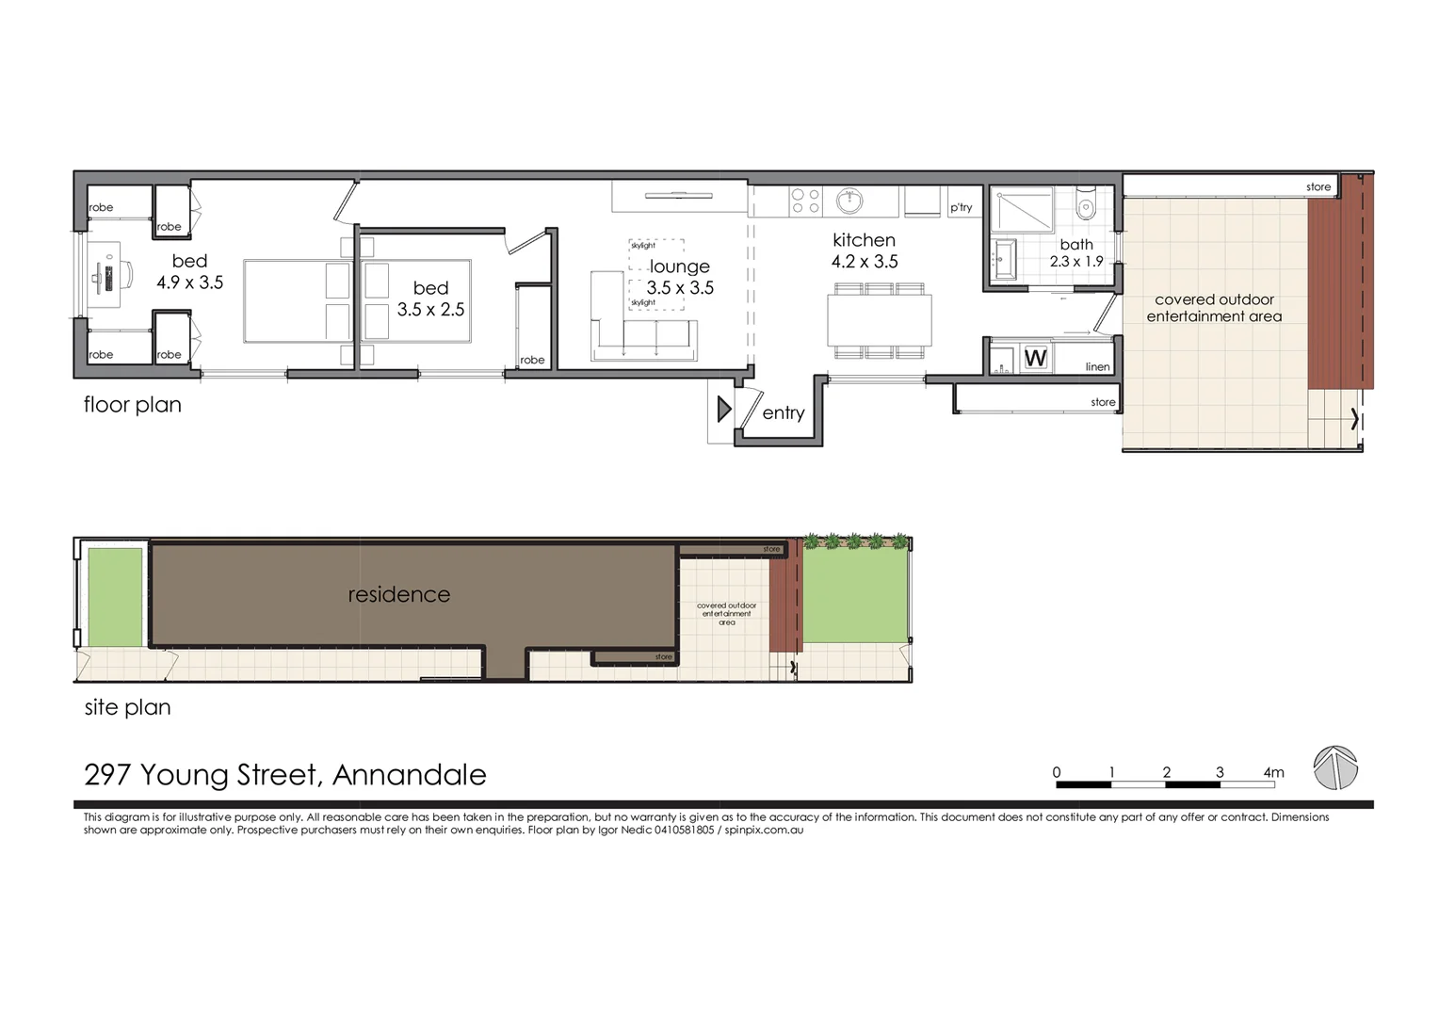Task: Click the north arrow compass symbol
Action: click(1335, 767)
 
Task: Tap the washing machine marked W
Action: click(1035, 358)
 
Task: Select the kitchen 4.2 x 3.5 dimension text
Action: click(865, 262)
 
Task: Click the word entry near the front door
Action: click(783, 412)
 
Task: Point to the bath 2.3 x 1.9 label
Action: click(1076, 252)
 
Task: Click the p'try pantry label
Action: click(961, 207)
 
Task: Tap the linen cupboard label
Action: click(1097, 366)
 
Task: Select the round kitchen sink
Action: click(849, 201)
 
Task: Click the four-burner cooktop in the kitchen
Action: click(805, 201)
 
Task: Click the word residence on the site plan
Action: click(398, 594)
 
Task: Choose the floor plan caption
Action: click(132, 405)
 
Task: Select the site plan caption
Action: click(127, 707)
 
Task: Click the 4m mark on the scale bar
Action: click(1273, 772)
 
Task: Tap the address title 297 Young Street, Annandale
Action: click(284, 775)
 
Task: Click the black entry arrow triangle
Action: click(723, 409)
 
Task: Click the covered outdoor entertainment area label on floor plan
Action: click(1214, 308)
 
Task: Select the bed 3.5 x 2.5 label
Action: click(430, 299)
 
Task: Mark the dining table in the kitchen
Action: click(880, 320)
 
